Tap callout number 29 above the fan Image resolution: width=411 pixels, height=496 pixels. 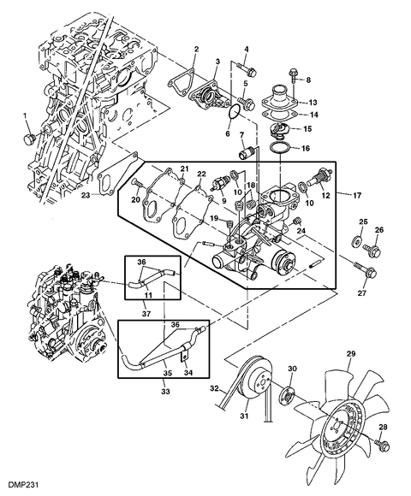[x=351, y=353]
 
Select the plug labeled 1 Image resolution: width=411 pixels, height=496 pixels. [x=29, y=138]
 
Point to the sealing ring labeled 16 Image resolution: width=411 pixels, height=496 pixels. [x=279, y=148]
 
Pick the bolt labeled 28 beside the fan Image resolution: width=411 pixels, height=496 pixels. [x=379, y=442]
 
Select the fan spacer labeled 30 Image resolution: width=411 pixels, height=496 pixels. [x=287, y=393]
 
